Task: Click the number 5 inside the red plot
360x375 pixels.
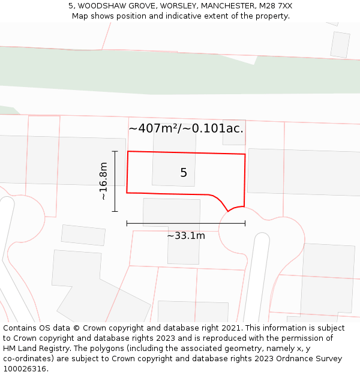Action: coord(184,173)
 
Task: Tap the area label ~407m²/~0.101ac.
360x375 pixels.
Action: coord(186,128)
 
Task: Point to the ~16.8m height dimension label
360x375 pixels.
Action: coord(103,181)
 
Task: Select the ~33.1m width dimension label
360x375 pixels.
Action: coord(186,236)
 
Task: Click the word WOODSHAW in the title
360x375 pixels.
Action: coord(106,6)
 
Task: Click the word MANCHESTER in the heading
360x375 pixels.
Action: coord(228,6)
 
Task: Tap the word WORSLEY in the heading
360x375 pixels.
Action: coord(175,6)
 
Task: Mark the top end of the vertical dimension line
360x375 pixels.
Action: coord(115,151)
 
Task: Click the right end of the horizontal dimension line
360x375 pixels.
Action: coord(245,223)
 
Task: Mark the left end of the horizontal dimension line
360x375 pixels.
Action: coord(127,223)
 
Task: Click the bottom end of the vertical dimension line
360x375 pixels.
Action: coord(115,211)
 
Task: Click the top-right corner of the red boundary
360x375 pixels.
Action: coord(245,154)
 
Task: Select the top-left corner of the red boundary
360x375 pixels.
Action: coord(128,151)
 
